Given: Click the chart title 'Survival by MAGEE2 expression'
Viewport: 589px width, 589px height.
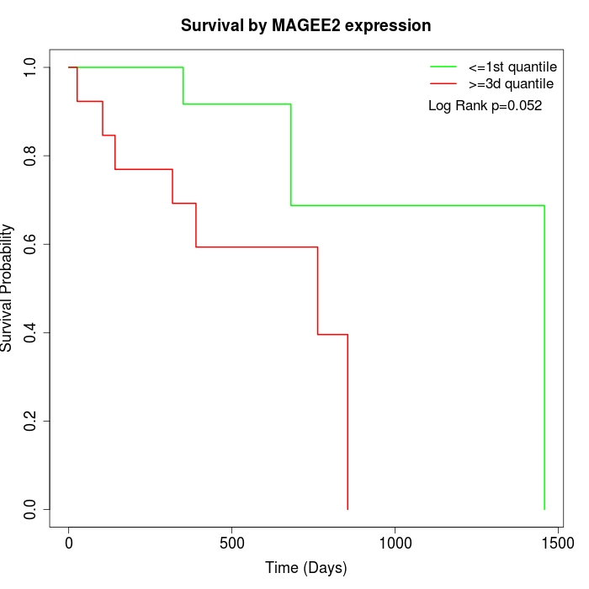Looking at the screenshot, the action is point(305,26).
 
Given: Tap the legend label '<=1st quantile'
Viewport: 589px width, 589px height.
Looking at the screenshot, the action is point(512,67).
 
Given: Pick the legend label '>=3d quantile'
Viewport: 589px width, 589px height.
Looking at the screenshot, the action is point(511,84).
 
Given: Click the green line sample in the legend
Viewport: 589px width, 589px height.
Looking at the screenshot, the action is point(443,66).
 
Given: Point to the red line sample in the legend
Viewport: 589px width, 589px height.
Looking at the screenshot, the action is point(443,83).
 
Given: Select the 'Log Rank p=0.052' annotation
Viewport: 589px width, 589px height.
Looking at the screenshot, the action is point(485,106).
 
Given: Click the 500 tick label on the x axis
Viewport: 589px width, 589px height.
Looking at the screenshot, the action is point(231,544).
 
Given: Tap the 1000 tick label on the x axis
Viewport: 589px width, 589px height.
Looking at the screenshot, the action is point(395,544).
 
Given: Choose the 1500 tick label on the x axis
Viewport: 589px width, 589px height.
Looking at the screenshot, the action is point(558,544).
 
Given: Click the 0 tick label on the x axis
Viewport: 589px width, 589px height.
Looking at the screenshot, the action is point(69,544).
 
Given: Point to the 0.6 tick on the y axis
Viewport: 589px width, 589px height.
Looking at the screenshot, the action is point(29,244).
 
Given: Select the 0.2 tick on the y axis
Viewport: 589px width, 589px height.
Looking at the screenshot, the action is point(29,421).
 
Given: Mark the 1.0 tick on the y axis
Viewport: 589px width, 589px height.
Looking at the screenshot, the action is point(29,67).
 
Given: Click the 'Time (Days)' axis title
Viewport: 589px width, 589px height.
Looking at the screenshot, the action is point(306,568).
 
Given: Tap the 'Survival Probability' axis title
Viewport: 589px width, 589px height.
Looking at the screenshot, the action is point(7,288).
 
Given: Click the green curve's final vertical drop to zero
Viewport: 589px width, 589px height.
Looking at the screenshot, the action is point(544,358).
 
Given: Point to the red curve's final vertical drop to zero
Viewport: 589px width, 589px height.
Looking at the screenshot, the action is point(348,422).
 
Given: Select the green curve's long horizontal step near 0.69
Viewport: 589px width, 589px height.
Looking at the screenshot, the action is point(417,205).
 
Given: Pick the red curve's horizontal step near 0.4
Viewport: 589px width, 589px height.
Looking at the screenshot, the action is point(333,334).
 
